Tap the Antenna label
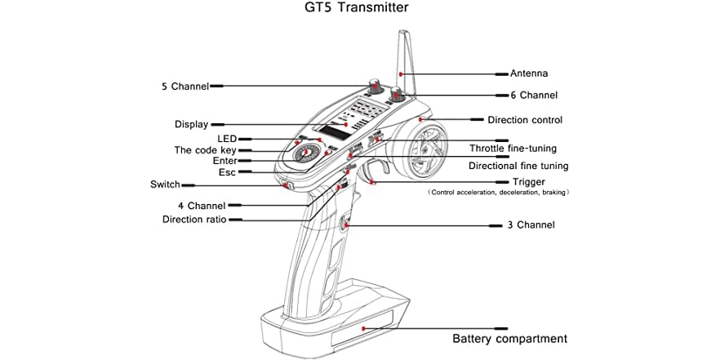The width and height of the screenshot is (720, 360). (x=529, y=72)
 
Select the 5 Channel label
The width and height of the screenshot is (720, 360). (x=184, y=86)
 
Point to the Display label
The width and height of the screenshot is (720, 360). (x=191, y=124)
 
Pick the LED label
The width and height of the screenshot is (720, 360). (x=226, y=139)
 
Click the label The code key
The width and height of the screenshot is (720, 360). (x=206, y=150)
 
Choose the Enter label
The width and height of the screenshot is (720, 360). (x=224, y=162)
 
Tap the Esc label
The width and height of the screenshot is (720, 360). (x=227, y=173)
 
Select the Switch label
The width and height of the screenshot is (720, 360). (x=165, y=184)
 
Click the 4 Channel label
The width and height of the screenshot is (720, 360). (x=201, y=206)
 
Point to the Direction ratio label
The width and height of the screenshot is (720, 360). (x=194, y=220)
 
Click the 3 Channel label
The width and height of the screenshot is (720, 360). (x=531, y=224)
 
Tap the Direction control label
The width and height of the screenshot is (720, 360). (x=525, y=120)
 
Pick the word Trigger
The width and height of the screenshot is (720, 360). (x=528, y=181)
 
